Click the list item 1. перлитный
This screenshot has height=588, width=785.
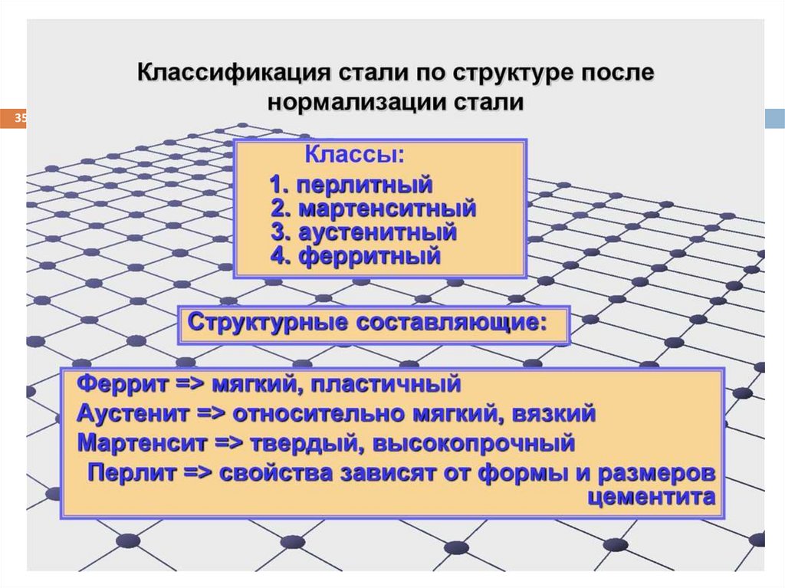point(351,185)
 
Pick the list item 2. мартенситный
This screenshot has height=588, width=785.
point(374,209)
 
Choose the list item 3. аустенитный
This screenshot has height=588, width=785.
point(364,232)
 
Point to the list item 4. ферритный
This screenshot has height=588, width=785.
point(356,255)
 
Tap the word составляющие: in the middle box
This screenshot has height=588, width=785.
point(450,323)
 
